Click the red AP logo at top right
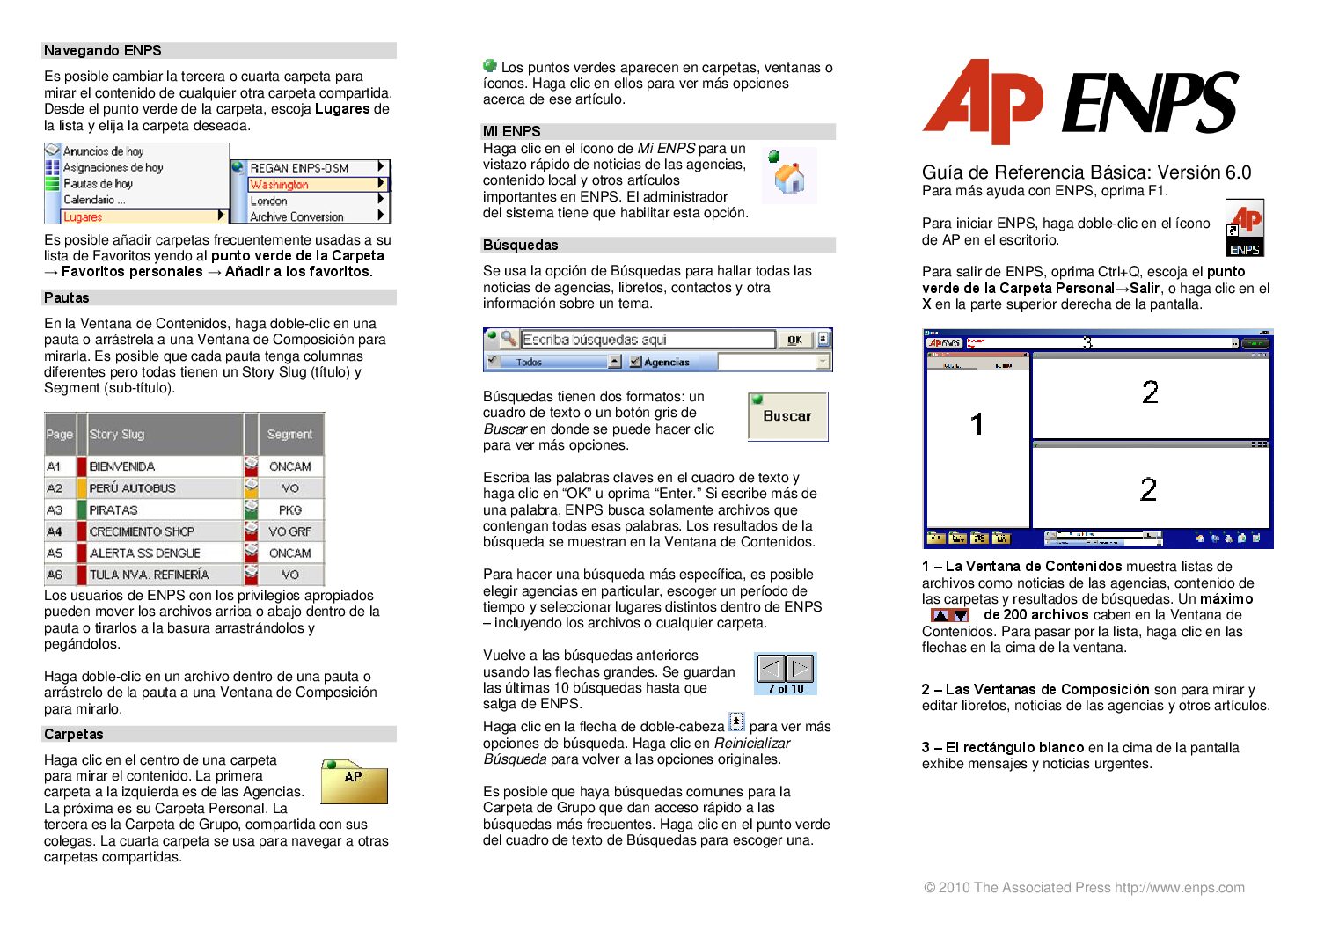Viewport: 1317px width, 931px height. [x=982, y=101]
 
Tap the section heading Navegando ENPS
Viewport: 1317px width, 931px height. [x=103, y=51]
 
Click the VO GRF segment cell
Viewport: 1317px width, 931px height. [x=289, y=531]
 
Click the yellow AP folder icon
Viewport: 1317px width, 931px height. [x=354, y=781]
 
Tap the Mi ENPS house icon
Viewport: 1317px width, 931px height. [x=788, y=177]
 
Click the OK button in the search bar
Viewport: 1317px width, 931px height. [x=794, y=340]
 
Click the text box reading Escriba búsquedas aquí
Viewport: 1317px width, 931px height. [x=647, y=340]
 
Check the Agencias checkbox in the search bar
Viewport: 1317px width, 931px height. [x=636, y=362]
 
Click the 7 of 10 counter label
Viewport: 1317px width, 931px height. [x=786, y=688]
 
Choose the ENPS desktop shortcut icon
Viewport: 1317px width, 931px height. [x=1245, y=228]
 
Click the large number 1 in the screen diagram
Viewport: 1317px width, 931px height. [x=977, y=425]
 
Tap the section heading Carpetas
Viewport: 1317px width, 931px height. [x=74, y=734]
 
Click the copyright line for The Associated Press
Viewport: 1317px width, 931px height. [x=1084, y=887]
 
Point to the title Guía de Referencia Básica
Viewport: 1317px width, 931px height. [x=1087, y=172]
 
